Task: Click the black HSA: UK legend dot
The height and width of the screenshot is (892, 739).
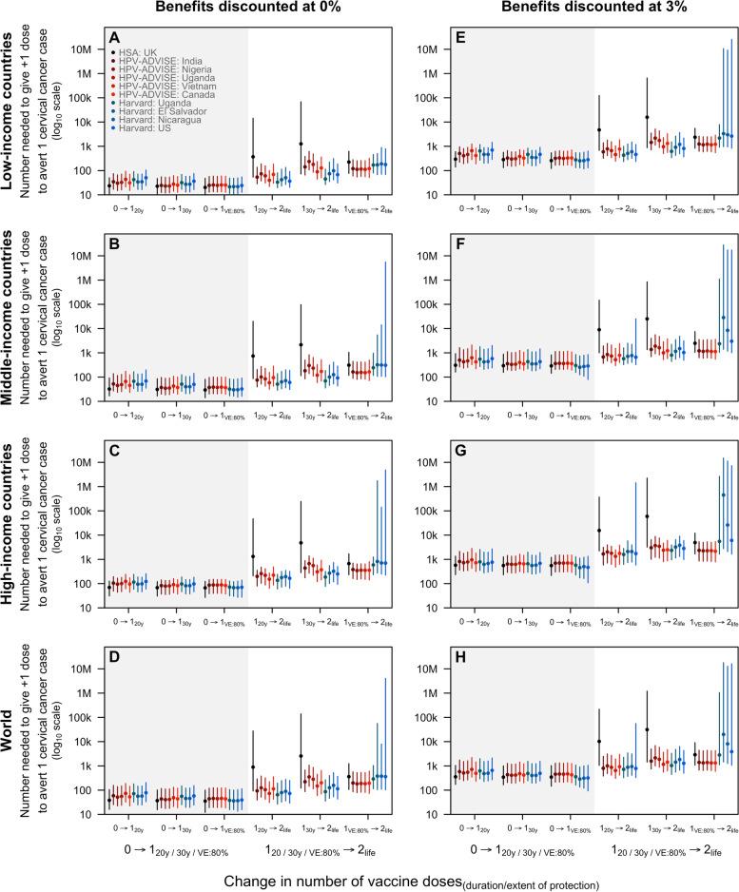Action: click(x=88, y=50)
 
